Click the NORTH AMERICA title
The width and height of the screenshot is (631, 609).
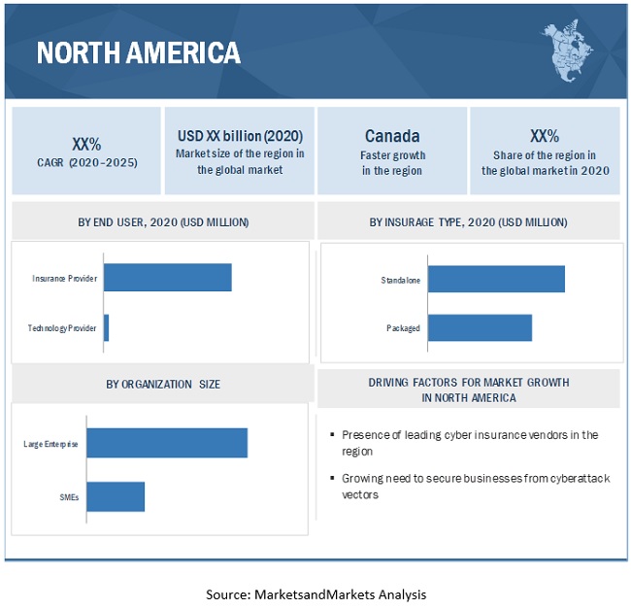tap(139, 52)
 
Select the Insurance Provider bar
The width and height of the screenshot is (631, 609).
tap(167, 277)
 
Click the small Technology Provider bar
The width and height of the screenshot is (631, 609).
tap(106, 327)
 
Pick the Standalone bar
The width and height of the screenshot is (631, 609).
tap(495, 280)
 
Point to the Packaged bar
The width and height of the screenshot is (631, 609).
tap(480, 327)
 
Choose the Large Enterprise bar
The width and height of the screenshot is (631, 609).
tap(167, 442)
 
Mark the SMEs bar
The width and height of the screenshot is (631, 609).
tap(116, 496)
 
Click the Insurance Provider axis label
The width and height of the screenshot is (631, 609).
tap(64, 278)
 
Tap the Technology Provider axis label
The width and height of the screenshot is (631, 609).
tap(62, 328)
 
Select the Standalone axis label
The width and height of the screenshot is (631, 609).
tap(401, 281)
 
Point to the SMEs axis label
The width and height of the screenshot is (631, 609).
tap(68, 497)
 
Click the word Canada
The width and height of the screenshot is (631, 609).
tap(392, 136)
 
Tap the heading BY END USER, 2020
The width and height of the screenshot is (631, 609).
tap(163, 222)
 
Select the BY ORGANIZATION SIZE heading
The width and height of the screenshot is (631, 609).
tap(163, 384)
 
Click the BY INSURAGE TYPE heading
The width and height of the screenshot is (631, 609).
tap(469, 222)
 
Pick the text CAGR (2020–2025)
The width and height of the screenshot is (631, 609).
tap(85, 161)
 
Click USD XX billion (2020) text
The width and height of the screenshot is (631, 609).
tap(240, 136)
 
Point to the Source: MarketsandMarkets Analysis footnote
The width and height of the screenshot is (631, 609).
tap(315, 593)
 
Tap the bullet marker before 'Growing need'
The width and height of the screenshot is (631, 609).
tap(332, 479)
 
